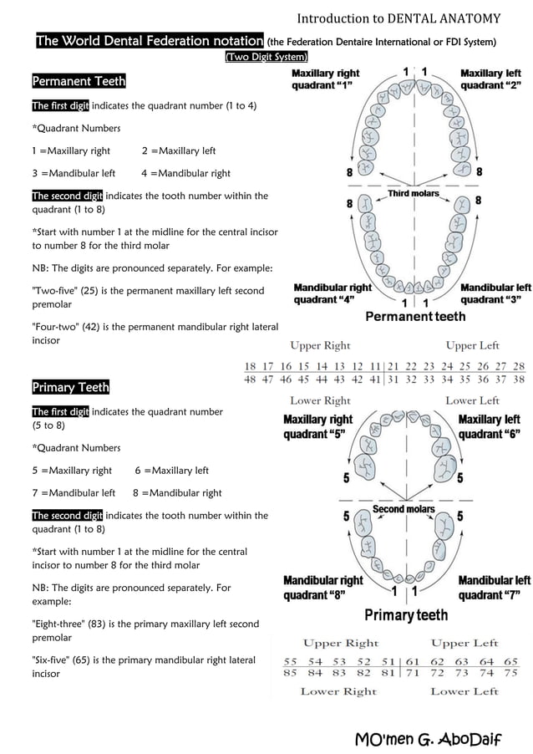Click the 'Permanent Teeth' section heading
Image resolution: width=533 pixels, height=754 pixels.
[x=79, y=81]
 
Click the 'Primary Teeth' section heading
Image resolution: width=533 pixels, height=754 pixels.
[x=70, y=387]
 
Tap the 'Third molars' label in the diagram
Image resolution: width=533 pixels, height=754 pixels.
[x=413, y=194]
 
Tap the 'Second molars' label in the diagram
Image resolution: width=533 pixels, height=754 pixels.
[x=404, y=509]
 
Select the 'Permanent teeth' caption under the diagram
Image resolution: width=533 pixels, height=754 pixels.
[x=415, y=317]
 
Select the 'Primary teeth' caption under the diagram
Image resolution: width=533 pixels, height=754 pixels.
[x=405, y=615]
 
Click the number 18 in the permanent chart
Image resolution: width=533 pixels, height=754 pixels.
[x=249, y=366]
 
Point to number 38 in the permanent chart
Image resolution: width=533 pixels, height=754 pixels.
[x=518, y=379]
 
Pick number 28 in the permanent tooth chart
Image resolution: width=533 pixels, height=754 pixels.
[x=518, y=366]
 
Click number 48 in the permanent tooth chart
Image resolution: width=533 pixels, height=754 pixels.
[x=249, y=379]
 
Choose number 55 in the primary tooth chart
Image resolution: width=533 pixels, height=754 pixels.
[x=291, y=660]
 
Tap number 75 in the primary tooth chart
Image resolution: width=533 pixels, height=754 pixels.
[x=510, y=672]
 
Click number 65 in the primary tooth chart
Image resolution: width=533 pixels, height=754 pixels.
[x=510, y=660]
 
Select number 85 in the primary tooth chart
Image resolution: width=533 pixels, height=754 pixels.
[x=291, y=672]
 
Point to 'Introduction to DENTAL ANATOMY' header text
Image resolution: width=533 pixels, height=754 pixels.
[x=398, y=18]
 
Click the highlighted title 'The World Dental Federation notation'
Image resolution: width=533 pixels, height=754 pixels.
[x=150, y=41]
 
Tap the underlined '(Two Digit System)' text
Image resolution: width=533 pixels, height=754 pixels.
[x=266, y=56]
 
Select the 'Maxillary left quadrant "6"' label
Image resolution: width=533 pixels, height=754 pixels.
[x=489, y=426]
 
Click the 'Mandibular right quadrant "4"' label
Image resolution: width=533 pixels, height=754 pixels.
[x=332, y=293]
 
